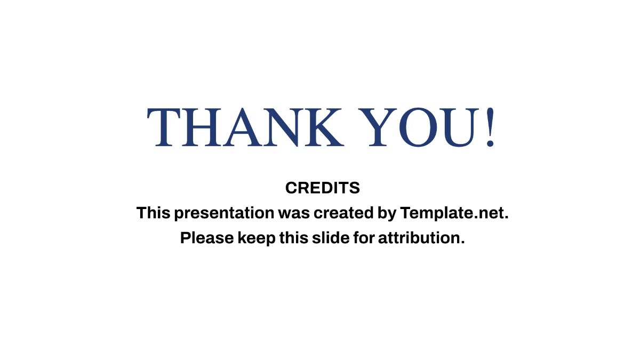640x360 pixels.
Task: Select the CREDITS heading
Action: tap(322, 188)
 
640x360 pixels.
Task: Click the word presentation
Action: tap(224, 213)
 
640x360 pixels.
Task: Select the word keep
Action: tap(257, 238)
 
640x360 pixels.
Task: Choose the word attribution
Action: tap(421, 238)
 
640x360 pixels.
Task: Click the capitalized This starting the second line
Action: tap(154, 213)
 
